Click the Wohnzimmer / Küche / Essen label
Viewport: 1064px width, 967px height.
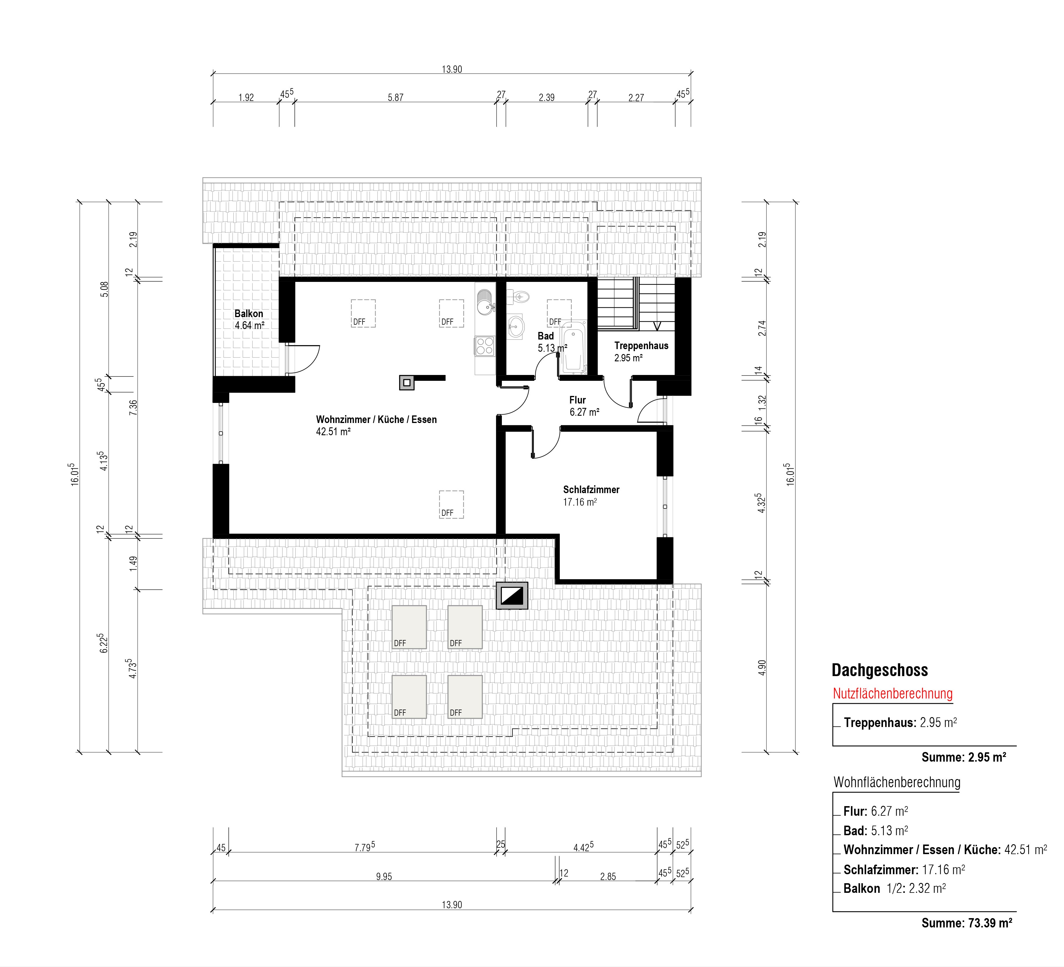[376, 425]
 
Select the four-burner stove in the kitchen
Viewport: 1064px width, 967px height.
[484, 346]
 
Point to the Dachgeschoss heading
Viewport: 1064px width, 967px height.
[880, 670]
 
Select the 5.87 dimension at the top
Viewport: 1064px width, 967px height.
[395, 97]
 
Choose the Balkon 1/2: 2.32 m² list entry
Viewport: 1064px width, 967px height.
[894, 888]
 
